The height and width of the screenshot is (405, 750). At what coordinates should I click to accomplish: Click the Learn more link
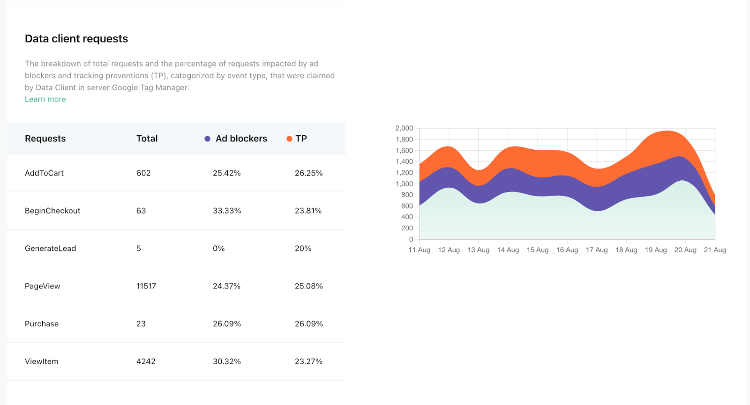pos(45,99)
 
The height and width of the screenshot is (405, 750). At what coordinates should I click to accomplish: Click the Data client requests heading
pos(76,39)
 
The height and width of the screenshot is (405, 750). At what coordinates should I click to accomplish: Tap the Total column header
pos(147,139)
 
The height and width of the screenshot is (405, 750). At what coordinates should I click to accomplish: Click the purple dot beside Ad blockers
pos(207,139)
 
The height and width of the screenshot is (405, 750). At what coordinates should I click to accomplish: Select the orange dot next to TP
pos(289,139)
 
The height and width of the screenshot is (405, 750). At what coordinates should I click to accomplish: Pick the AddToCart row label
pos(44,173)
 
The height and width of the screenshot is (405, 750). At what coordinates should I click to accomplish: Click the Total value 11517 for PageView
pos(146,286)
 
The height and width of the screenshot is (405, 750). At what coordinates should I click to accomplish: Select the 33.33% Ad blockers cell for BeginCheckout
pos(227,211)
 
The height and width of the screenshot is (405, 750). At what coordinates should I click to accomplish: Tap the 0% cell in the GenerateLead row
pos(218,249)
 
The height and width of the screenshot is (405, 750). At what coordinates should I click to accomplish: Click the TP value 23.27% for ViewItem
pos(308,361)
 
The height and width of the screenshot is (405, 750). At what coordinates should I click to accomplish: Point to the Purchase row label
pos(42,324)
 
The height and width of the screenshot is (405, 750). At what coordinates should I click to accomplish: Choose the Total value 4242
pos(146,361)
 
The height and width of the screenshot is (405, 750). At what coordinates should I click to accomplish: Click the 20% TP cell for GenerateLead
pos(303,249)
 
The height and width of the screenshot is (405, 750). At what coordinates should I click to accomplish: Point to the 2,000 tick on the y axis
pos(404,128)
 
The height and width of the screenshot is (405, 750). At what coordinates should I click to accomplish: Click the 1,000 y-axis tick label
pos(404,184)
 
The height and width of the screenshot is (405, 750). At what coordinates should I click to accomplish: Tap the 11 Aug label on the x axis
pos(419,250)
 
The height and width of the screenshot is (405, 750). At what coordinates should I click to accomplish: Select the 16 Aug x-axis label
pos(567,250)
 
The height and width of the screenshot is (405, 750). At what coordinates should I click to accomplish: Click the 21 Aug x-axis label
pos(714,250)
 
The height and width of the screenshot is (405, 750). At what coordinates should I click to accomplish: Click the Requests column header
pos(45,139)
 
